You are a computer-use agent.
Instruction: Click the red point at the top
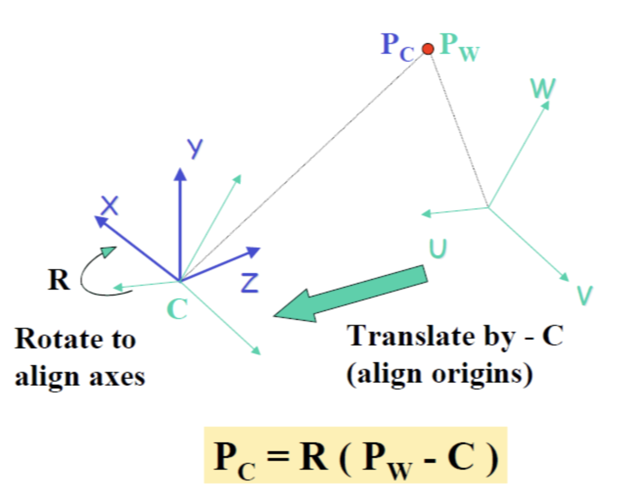[428, 49]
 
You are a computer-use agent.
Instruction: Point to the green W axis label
[543, 89]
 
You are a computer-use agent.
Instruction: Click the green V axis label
[584, 295]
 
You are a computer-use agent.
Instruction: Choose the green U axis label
[438, 248]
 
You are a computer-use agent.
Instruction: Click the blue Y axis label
[195, 148]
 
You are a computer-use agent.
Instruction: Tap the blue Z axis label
[250, 282]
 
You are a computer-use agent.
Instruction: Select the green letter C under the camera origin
[177, 309]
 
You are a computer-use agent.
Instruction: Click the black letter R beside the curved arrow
[59, 280]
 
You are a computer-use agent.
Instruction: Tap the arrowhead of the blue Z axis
[253, 252]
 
